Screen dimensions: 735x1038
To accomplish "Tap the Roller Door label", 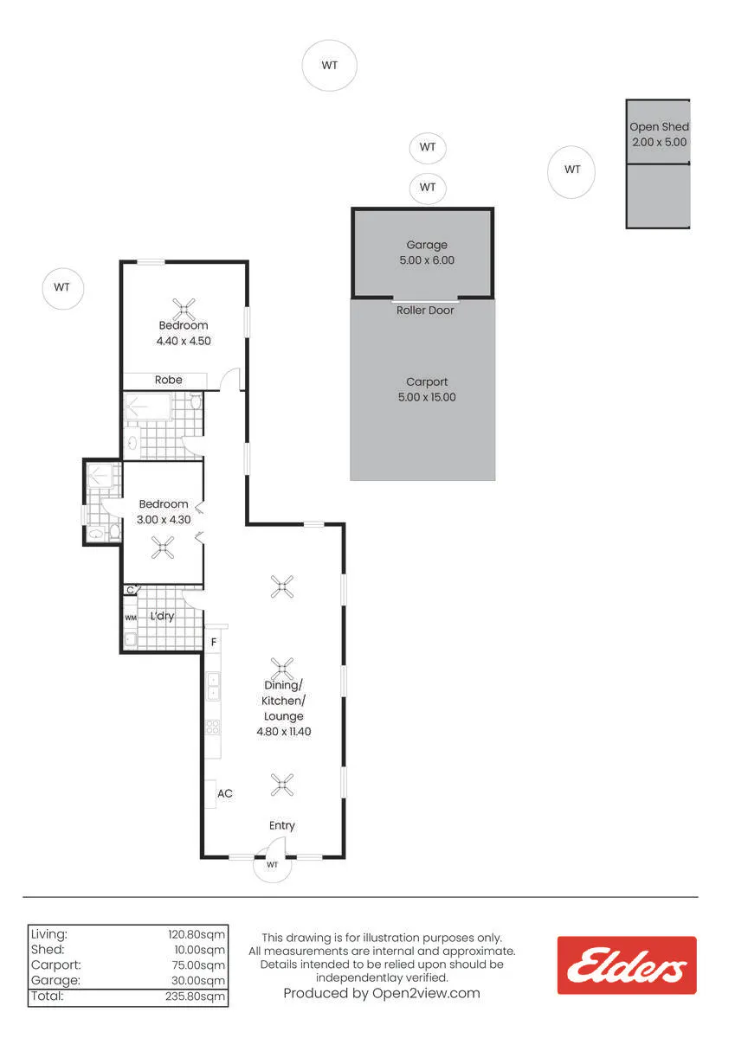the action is coord(425,311).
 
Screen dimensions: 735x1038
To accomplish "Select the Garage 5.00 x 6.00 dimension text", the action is coord(427,260).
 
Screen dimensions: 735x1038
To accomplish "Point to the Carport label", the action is coord(427,381).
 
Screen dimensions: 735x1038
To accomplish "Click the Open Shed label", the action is coord(659,126).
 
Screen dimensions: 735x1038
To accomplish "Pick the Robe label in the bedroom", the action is coord(168,380).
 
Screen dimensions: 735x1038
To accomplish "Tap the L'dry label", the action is coord(162,616).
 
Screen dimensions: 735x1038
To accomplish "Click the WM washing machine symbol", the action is coord(131,618).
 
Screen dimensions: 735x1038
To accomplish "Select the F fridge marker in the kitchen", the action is coord(214,642).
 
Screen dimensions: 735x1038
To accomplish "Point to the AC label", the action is coord(225,794).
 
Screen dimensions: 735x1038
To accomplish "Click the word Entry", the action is coord(282,825).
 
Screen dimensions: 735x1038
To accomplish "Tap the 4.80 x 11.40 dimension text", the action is coord(284,732).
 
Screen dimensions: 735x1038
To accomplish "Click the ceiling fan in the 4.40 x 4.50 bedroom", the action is coord(184,310).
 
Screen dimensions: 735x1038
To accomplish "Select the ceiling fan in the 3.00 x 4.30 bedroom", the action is coord(163,548).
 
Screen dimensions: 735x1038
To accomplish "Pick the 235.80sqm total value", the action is coord(196,996).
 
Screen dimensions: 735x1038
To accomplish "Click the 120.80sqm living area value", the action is coord(197,935).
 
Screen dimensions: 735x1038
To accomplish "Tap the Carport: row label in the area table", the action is coord(56,965).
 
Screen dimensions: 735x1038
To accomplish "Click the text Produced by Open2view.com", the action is coord(382,994).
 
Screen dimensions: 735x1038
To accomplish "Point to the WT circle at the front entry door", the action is coord(272,865).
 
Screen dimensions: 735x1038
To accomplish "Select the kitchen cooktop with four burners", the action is coord(212,727).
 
